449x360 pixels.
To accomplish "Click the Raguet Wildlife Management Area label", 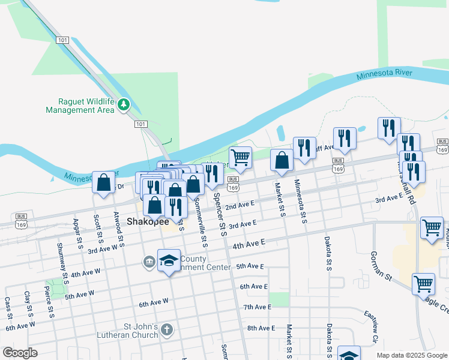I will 80,106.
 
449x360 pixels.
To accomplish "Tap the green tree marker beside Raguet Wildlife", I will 124,105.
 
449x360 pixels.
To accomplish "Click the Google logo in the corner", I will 20,353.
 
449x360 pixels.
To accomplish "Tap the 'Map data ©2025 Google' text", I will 411,355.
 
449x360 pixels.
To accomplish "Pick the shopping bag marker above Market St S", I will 281,161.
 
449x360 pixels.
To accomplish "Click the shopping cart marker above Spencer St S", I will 240,158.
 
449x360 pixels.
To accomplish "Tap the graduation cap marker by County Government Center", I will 169,260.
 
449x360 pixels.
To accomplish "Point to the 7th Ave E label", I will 258,307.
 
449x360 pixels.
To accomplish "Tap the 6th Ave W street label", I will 154,304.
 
